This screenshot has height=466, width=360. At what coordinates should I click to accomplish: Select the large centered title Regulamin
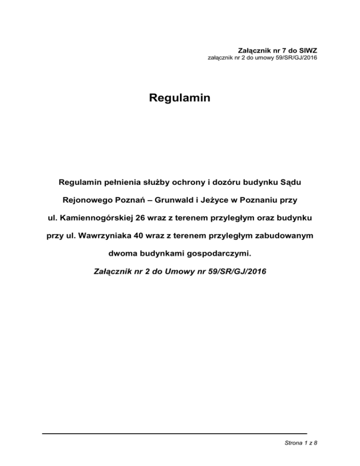click(180, 99)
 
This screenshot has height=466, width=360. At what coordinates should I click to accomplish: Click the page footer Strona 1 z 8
click(298, 447)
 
